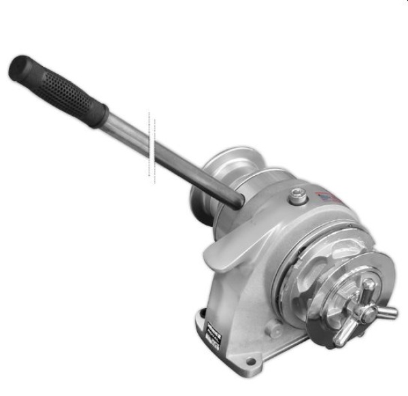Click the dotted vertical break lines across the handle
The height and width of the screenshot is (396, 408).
(x=153, y=147)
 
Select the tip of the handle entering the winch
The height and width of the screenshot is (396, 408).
(x=235, y=199)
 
